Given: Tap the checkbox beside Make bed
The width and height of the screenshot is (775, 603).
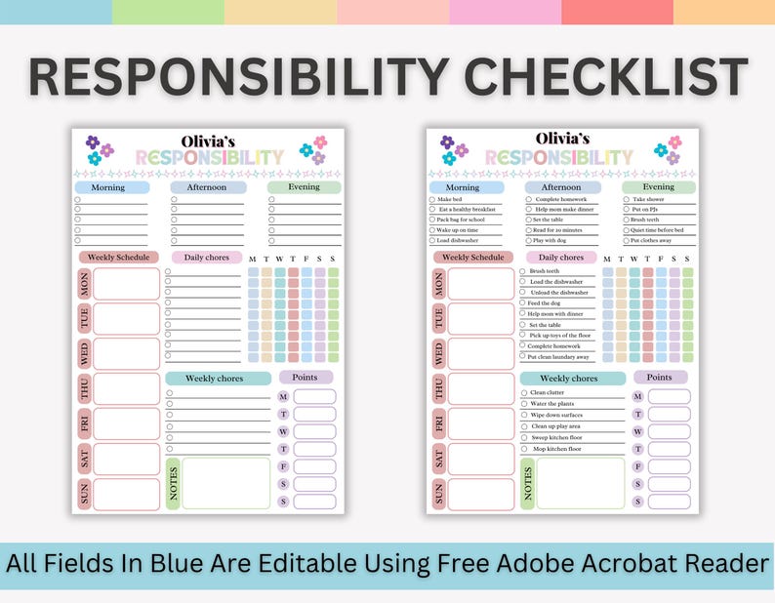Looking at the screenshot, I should pyautogui.click(x=432, y=199).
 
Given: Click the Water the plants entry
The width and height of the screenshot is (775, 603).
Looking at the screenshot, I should pyautogui.click(x=553, y=404).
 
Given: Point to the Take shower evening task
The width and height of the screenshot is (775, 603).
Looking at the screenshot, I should pyautogui.click(x=648, y=199).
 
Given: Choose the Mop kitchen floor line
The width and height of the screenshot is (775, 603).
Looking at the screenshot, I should pyautogui.click(x=555, y=449).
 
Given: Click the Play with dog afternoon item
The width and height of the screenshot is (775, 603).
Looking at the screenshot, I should pyautogui.click(x=557, y=240).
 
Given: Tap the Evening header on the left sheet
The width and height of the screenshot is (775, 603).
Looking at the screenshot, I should pyautogui.click(x=304, y=187).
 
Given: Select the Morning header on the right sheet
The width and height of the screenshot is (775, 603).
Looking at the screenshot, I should pyautogui.click(x=463, y=187).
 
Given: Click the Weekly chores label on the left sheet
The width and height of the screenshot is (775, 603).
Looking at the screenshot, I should pyautogui.click(x=214, y=379).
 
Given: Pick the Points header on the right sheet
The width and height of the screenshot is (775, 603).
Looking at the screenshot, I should pyautogui.click(x=659, y=378).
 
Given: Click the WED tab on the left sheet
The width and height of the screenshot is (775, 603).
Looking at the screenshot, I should pyautogui.click(x=85, y=353).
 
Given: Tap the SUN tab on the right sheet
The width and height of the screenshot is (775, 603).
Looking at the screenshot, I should pyautogui.click(x=439, y=494).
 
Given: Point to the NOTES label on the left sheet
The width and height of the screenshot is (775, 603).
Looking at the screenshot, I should pyautogui.click(x=174, y=483).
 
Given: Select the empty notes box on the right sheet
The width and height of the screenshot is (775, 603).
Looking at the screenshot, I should pyautogui.click(x=580, y=483).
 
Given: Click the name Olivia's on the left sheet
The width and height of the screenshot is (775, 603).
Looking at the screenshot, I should pyautogui.click(x=208, y=140).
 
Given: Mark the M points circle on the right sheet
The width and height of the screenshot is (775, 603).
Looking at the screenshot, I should pyautogui.click(x=637, y=397).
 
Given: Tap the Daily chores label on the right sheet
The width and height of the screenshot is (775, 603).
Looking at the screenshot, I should pyautogui.click(x=560, y=258).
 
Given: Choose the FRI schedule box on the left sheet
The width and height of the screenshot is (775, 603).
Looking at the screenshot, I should pyautogui.click(x=126, y=423).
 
